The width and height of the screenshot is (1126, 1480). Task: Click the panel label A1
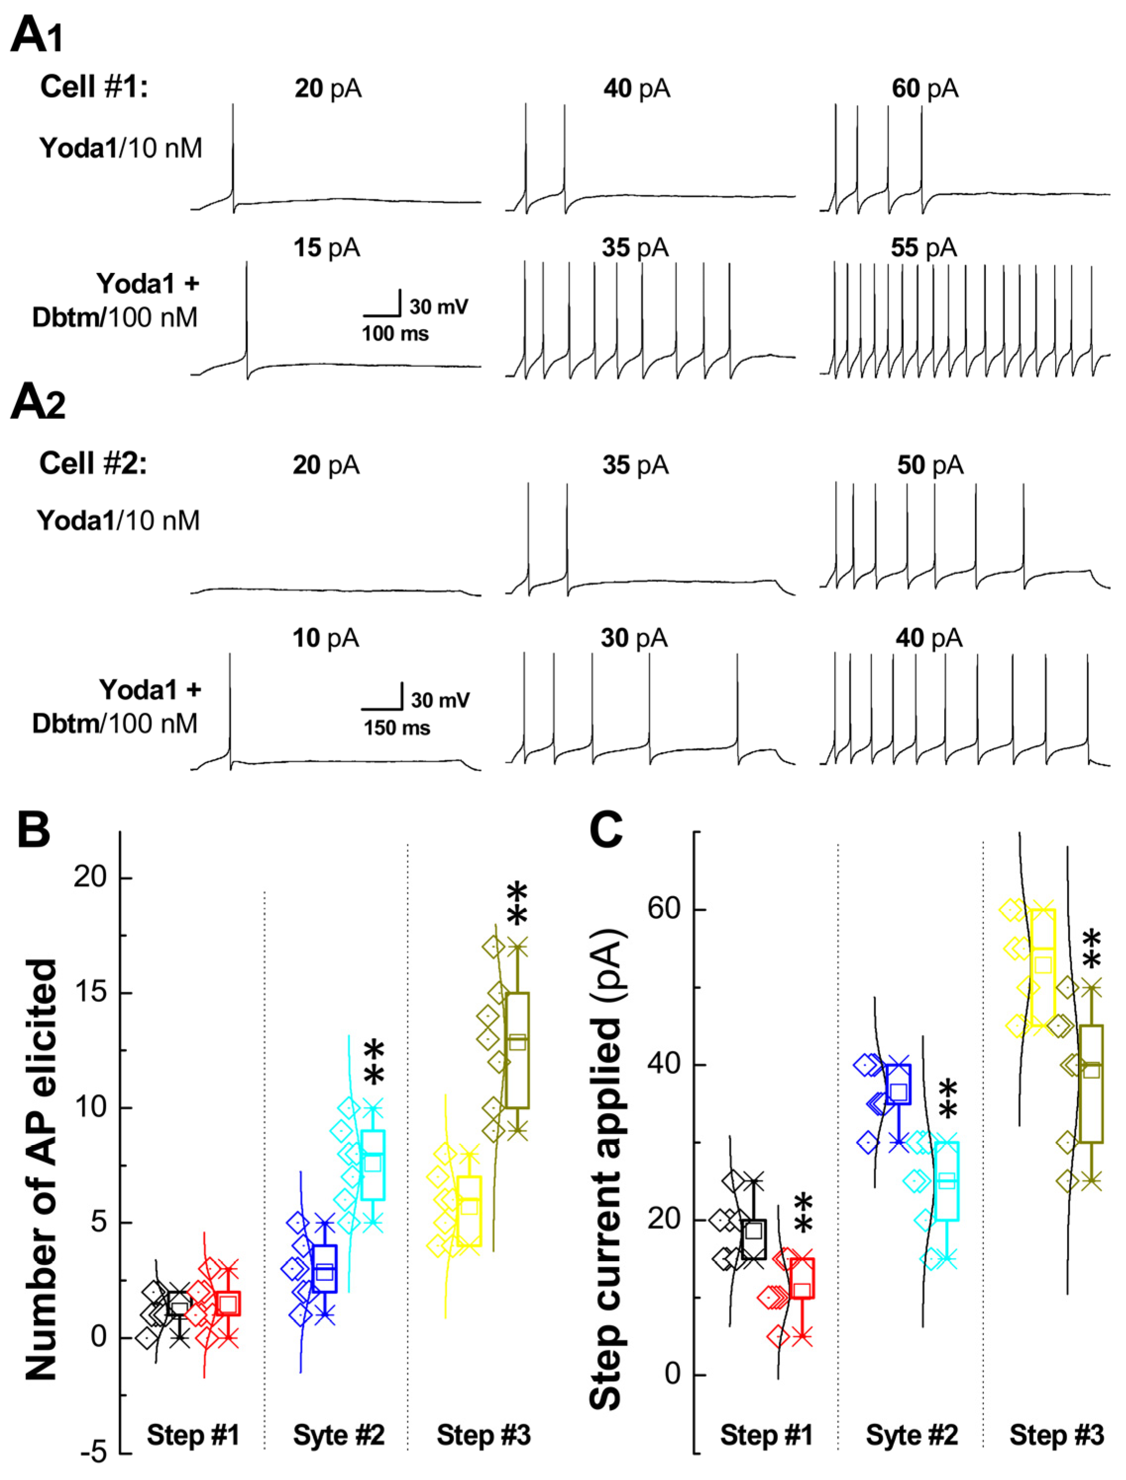(37, 35)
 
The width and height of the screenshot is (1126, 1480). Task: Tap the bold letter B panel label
(34, 830)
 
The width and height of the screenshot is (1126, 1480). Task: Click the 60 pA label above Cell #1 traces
(924, 89)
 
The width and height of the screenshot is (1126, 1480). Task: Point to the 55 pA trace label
(923, 248)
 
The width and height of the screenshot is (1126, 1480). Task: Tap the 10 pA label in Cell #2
(325, 638)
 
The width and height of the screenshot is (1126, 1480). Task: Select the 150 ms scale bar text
(396, 727)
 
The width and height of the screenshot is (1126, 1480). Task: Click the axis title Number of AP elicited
(42, 1170)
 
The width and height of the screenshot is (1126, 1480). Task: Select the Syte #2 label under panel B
(339, 1435)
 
